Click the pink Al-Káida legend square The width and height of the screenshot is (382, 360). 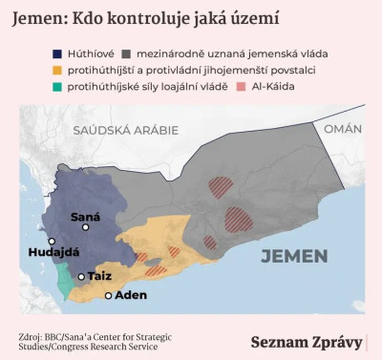(x=244, y=87)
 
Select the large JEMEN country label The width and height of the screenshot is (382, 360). (x=294, y=255)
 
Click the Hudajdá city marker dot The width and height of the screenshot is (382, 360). (x=53, y=242)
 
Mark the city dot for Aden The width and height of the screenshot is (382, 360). (x=108, y=295)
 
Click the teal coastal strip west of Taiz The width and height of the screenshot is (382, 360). (x=65, y=281)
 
